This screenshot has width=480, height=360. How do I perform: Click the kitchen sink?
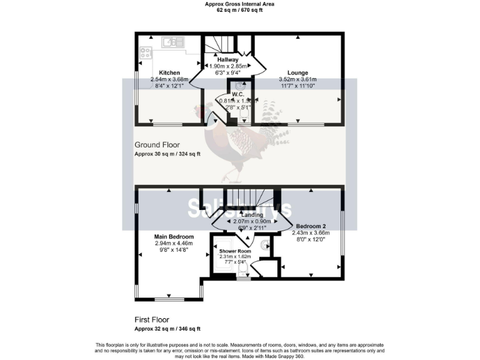click(x=170, y=42)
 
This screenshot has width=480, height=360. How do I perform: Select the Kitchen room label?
click(x=169, y=72)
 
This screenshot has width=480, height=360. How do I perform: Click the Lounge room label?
click(x=297, y=72)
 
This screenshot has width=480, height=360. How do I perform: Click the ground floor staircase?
click(x=218, y=45)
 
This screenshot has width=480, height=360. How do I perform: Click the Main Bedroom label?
click(x=174, y=237)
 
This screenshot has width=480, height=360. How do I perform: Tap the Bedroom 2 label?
click(x=310, y=226)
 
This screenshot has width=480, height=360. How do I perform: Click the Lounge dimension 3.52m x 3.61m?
click(x=297, y=79)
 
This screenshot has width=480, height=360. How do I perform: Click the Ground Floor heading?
click(x=157, y=145)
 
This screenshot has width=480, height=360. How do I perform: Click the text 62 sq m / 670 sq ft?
click(x=240, y=11)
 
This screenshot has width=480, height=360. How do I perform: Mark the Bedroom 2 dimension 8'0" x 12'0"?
click(x=310, y=239)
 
